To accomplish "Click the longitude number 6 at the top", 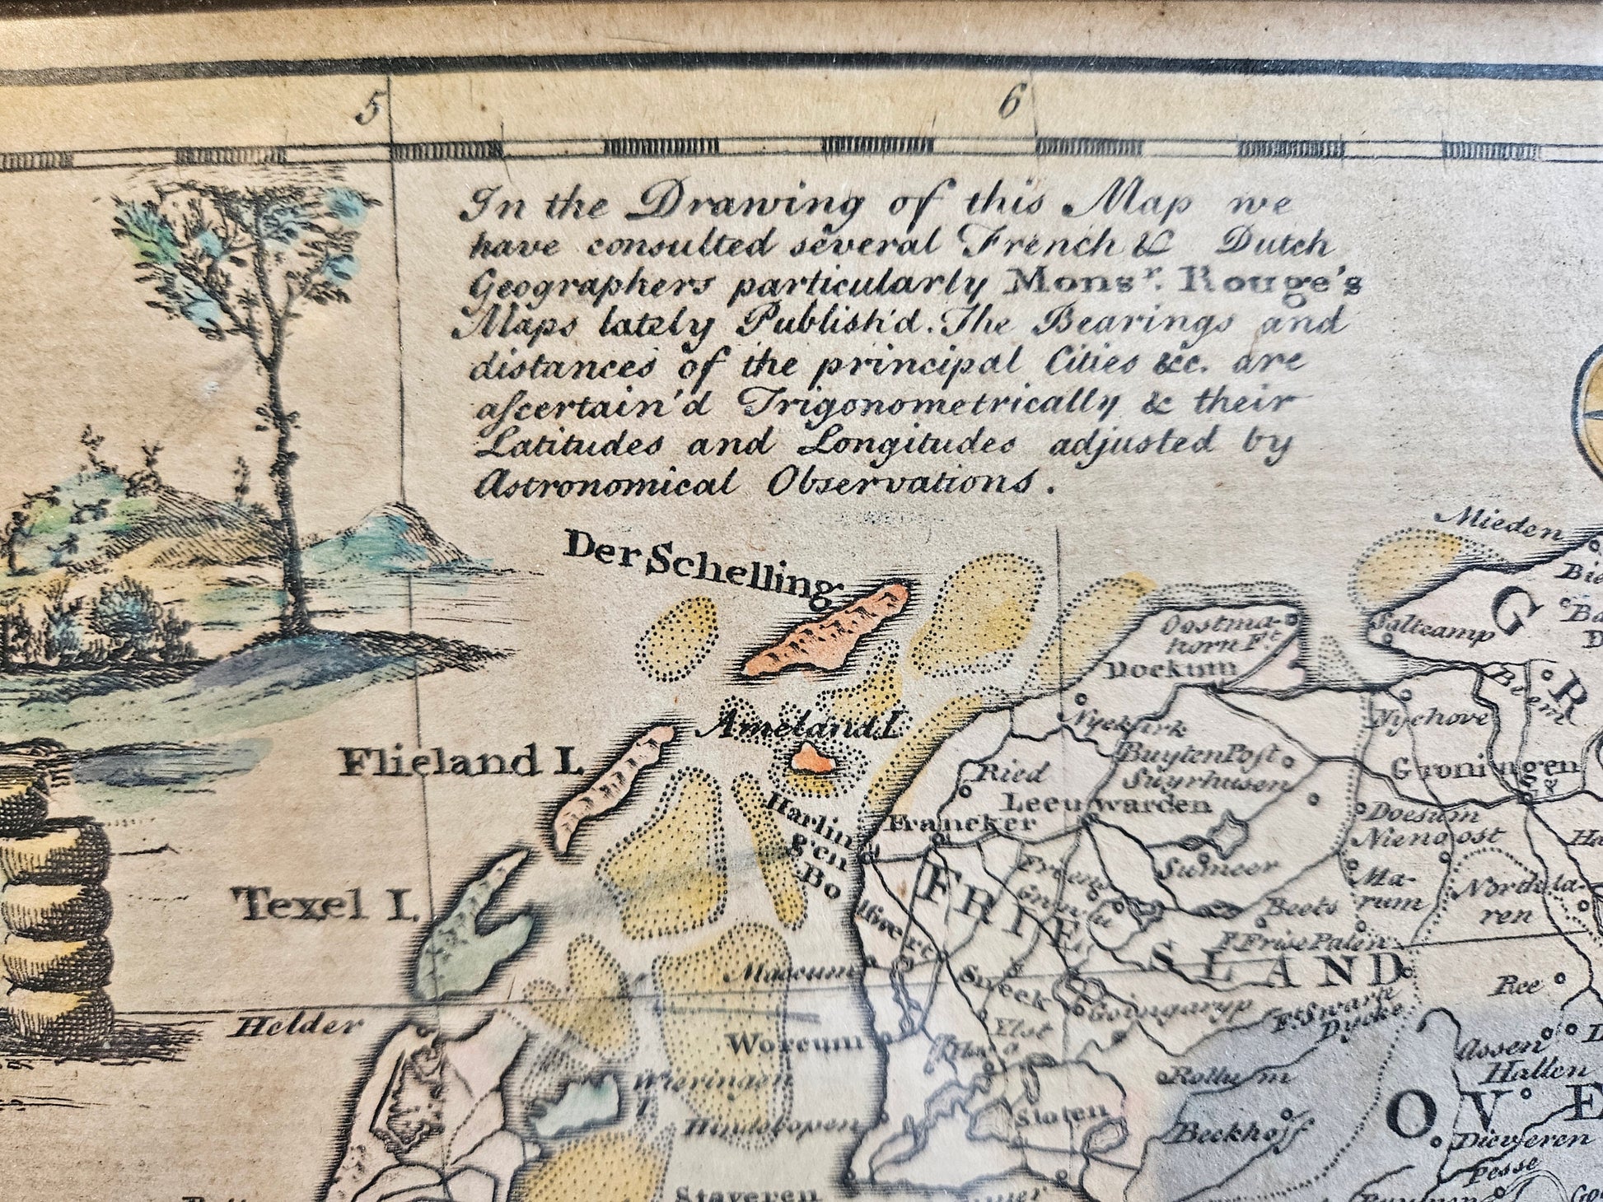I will coord(1012,105).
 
